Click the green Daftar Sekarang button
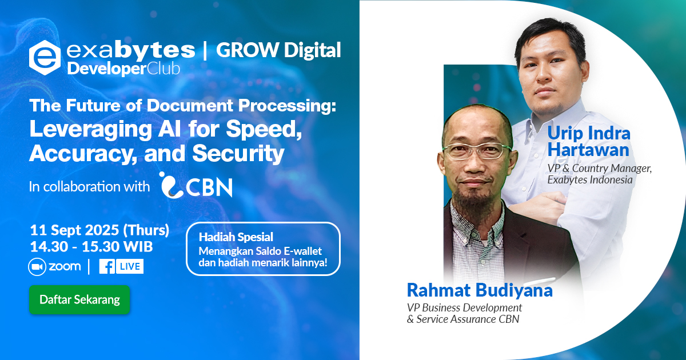[79, 299]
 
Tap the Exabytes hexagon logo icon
[45, 58]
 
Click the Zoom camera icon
[37, 267]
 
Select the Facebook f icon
[107, 266]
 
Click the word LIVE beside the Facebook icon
[130, 266]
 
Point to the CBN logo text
[209, 187]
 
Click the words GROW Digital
[278, 50]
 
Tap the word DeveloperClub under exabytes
[123, 69]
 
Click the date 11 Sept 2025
[74, 230]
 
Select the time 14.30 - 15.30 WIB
[91, 247]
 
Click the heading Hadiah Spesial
[236, 237]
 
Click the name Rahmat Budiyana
[480, 290]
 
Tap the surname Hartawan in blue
[588, 150]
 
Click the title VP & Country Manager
[599, 168]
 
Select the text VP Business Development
[464, 307]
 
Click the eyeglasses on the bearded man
[477, 151]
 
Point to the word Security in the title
[238, 153]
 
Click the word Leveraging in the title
[91, 130]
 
